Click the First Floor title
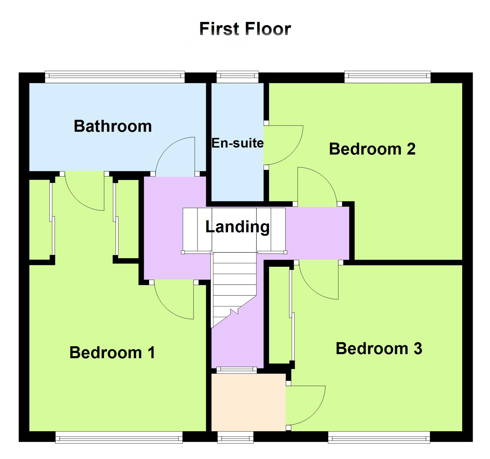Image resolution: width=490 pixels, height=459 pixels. (x=245, y=29)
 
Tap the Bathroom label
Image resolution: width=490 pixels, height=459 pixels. (x=113, y=126)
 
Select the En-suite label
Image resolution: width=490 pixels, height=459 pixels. (x=237, y=143)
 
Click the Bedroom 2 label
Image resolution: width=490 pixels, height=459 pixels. (x=372, y=149)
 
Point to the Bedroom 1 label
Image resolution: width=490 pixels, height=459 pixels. (x=112, y=352)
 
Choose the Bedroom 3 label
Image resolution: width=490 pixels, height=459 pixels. (x=379, y=348)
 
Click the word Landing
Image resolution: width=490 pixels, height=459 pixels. (x=237, y=227)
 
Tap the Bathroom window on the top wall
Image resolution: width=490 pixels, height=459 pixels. (x=115, y=77)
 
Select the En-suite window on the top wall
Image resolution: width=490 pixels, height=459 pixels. (x=237, y=77)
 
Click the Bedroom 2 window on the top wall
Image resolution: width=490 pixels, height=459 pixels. (x=388, y=77)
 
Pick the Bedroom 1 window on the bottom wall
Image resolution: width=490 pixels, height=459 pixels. (x=119, y=437)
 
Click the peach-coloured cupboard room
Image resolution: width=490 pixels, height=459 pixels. (x=248, y=402)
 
